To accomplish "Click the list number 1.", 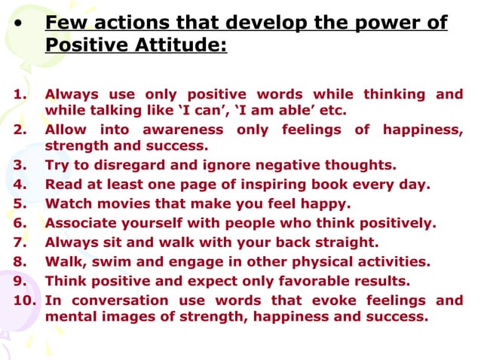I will pos(20,94).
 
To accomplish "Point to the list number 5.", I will pos(20,203).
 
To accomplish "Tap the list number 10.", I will pos(23,301).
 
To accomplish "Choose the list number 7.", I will pos(20,243).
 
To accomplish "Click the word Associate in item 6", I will pos(81,223).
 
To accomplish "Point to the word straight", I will pos(345,243).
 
